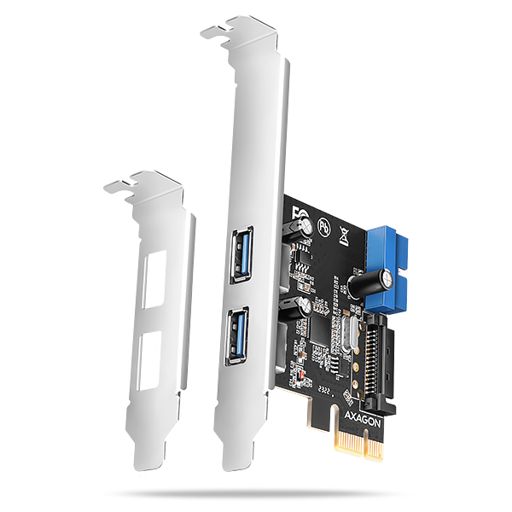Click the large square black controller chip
pyautogui.click(x=322, y=323)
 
